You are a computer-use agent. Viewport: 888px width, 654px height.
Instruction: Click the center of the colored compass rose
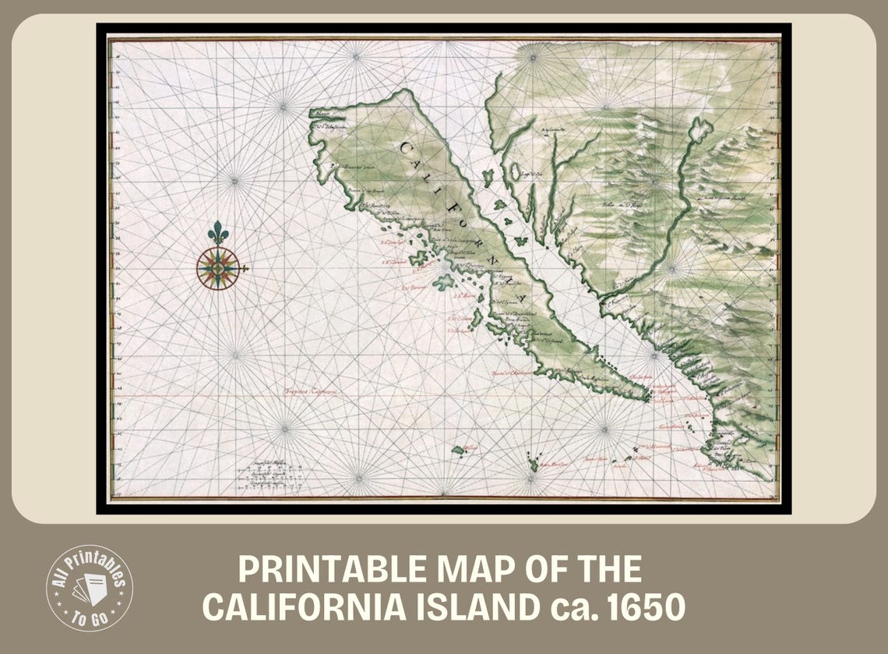tap(218, 269)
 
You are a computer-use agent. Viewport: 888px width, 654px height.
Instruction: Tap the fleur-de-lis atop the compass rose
tap(218, 232)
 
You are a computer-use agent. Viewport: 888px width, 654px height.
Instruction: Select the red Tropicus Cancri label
tap(310, 392)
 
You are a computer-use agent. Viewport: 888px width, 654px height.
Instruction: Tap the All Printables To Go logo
tap(90, 588)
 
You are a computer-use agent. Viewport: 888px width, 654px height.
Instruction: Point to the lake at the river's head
tap(699, 129)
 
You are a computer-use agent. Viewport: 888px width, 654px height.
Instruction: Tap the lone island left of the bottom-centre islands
tap(459, 451)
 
